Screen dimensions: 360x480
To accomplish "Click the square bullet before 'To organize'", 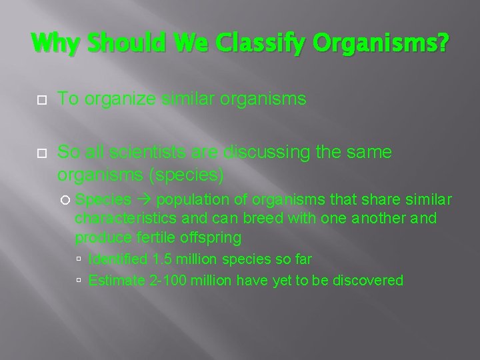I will pos(41,100).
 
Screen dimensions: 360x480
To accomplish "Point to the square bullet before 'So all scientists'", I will pos(41,153).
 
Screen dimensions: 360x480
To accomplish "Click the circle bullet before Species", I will pos(65,200).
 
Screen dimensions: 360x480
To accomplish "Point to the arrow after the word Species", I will pos(144,200).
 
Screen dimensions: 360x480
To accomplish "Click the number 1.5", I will pos(161,259).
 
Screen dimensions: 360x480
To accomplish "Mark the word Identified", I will pos(118,259).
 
